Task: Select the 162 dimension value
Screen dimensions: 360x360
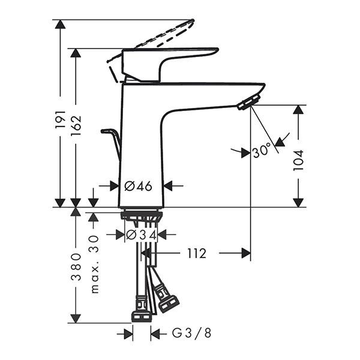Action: point(76,125)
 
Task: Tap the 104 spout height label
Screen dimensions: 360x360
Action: point(298,160)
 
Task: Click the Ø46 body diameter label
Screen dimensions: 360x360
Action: point(138,186)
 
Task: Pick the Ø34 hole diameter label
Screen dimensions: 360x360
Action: point(142,235)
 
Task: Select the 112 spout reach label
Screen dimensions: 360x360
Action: point(197,253)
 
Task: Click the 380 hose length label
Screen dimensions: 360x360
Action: point(76,267)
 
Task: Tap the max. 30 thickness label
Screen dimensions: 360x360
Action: point(95,264)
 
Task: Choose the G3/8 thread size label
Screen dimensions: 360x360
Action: point(191,333)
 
